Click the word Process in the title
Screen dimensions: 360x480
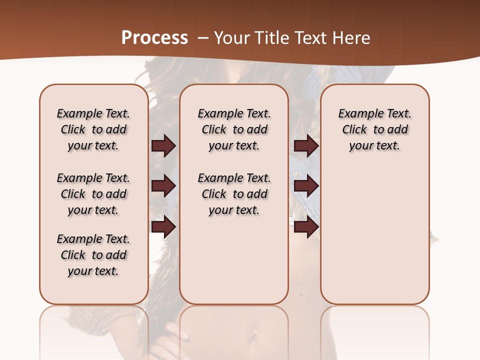click(154, 37)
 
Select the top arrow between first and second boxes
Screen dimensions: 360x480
click(163, 146)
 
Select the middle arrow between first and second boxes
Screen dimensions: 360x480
click(163, 186)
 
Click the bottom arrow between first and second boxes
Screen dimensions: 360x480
click(163, 226)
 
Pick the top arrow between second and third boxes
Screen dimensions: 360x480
click(306, 146)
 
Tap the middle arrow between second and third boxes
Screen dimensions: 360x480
click(306, 186)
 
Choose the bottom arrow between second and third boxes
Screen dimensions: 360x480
click(306, 226)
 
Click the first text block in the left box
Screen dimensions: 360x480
click(93, 129)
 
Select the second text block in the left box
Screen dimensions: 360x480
click(93, 194)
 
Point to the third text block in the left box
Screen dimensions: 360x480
click(93, 255)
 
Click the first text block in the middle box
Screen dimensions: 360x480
click(234, 129)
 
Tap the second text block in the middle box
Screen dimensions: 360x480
click(234, 194)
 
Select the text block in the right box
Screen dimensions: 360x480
click(374, 129)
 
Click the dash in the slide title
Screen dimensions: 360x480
click(203, 37)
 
